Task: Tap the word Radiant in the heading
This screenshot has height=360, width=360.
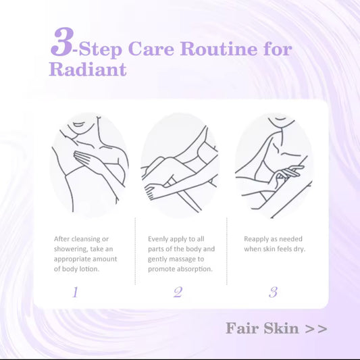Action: click(87, 70)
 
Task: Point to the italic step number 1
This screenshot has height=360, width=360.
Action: click(75, 292)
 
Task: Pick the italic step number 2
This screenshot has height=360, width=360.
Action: click(178, 292)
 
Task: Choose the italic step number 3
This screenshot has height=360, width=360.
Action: click(273, 292)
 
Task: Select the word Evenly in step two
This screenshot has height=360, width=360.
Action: click(159, 239)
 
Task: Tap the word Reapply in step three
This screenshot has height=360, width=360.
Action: click(258, 239)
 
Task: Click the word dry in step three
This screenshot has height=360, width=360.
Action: click(298, 249)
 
